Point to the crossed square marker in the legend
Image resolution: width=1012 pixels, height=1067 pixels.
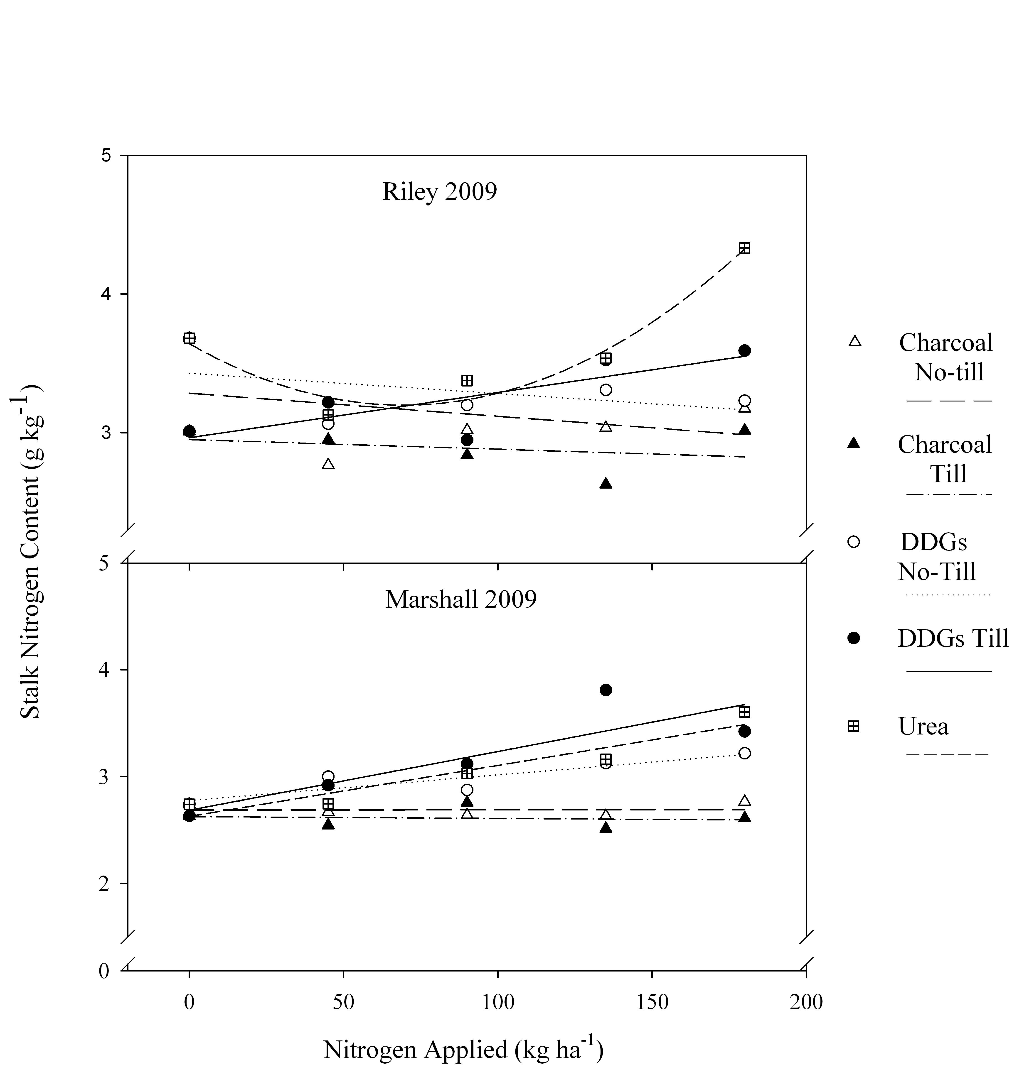click(853, 726)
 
